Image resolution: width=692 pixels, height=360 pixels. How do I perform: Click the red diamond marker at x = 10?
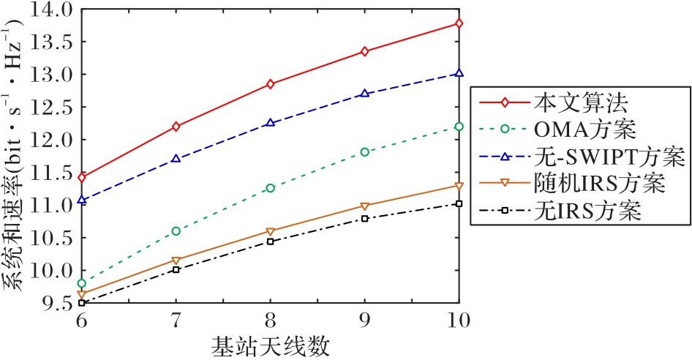click(x=459, y=23)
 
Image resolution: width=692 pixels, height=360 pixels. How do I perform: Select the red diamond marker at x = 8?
click(x=270, y=84)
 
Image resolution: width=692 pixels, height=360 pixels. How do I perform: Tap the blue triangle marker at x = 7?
click(x=176, y=158)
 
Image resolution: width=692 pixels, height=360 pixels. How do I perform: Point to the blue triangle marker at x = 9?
click(x=364, y=94)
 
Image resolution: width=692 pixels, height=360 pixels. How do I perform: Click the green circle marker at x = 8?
click(x=270, y=188)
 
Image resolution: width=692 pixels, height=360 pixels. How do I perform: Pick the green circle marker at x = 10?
click(x=459, y=127)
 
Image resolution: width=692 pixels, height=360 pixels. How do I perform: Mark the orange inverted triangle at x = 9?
click(x=364, y=206)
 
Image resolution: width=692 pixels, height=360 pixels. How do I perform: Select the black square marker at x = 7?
click(x=176, y=269)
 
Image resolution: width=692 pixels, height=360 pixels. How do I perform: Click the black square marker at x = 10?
click(x=459, y=203)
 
